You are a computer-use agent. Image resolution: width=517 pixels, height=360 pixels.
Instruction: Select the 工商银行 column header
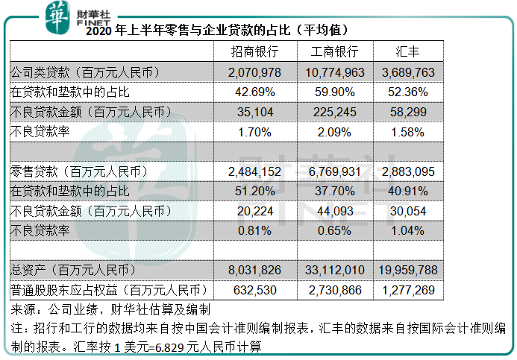tap(334, 52)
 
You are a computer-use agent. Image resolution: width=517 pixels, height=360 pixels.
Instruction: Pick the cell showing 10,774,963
tap(334, 72)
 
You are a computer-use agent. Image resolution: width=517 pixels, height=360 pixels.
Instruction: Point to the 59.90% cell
tap(334, 92)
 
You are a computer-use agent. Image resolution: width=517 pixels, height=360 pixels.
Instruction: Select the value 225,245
tap(334, 112)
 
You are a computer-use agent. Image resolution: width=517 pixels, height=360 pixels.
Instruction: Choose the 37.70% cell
tap(334, 191)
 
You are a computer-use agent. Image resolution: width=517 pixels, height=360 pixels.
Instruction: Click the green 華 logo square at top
tap(57, 16)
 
